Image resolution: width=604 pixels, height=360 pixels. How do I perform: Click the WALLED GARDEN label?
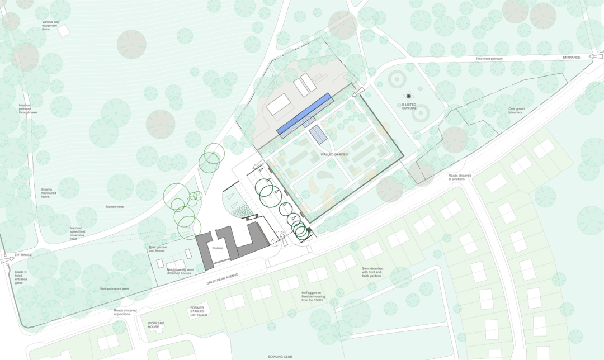pos(334,154)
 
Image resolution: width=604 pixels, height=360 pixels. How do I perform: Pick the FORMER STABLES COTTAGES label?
pos(199,311)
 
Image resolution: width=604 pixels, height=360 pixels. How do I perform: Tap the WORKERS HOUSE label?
pos(157,325)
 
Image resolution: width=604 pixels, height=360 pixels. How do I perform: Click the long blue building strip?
pos(305,115)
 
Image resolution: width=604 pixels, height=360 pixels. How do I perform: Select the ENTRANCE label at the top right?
pos(571,57)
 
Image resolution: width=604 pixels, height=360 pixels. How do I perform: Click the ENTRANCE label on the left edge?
pos(23,255)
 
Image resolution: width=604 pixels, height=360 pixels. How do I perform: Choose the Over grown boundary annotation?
pos(515,111)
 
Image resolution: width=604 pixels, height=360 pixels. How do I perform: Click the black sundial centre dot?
pos(409,96)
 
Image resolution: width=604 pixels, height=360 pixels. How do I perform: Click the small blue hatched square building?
pos(318,134)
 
